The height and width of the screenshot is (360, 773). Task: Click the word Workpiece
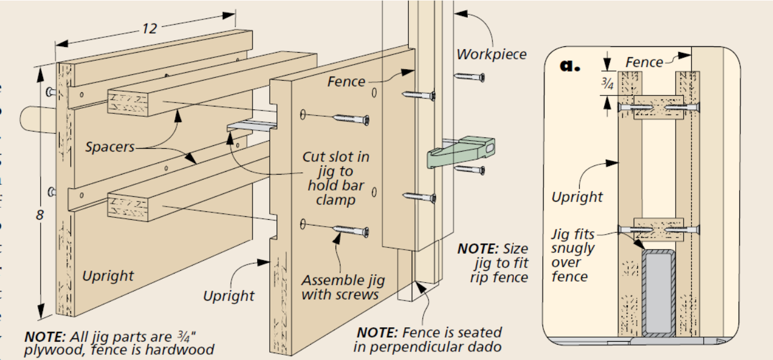[x=491, y=54]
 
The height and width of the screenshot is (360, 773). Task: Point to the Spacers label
[x=110, y=147]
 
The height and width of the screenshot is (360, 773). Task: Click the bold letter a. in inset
[x=570, y=65]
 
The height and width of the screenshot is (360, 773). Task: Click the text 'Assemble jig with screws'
[x=343, y=287]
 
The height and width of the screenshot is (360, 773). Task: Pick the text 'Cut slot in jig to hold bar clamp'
[x=336, y=178]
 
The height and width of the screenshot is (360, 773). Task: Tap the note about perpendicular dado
[x=429, y=339]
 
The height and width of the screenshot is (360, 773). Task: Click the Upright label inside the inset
[x=577, y=197]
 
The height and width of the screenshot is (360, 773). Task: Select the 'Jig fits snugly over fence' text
[x=573, y=255]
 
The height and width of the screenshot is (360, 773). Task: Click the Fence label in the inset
[x=644, y=62]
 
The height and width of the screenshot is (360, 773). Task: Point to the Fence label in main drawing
[x=346, y=82]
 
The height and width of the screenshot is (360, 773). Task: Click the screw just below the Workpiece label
[x=469, y=76]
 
